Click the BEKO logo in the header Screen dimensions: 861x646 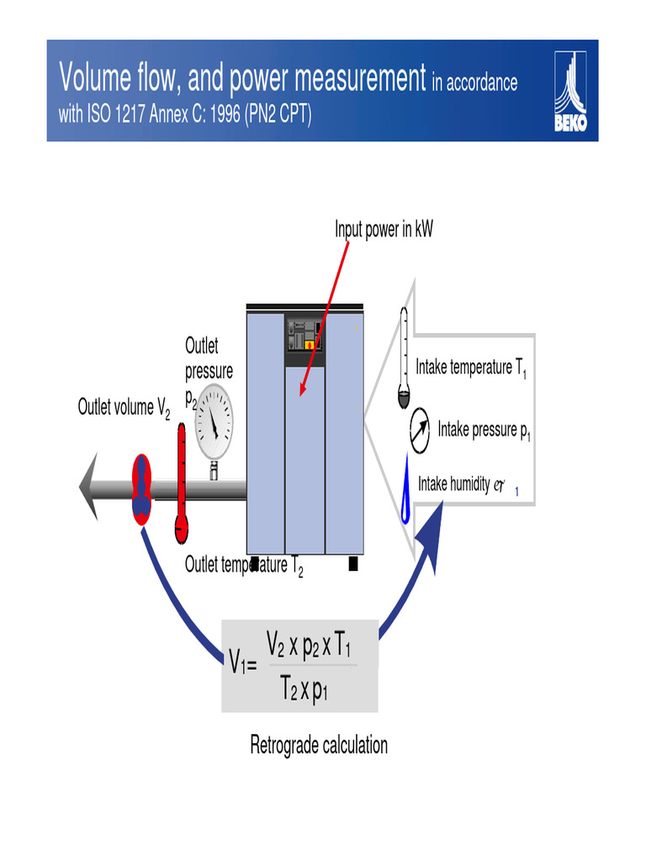pos(570,91)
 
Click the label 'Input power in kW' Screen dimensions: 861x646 pos(384,230)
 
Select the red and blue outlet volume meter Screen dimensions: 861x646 pos(142,489)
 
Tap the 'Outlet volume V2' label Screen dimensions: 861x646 pos(124,409)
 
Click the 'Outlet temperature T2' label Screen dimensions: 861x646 pos(243,566)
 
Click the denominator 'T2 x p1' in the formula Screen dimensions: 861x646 pos(304,691)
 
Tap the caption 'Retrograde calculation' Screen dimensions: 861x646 pos(319,745)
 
